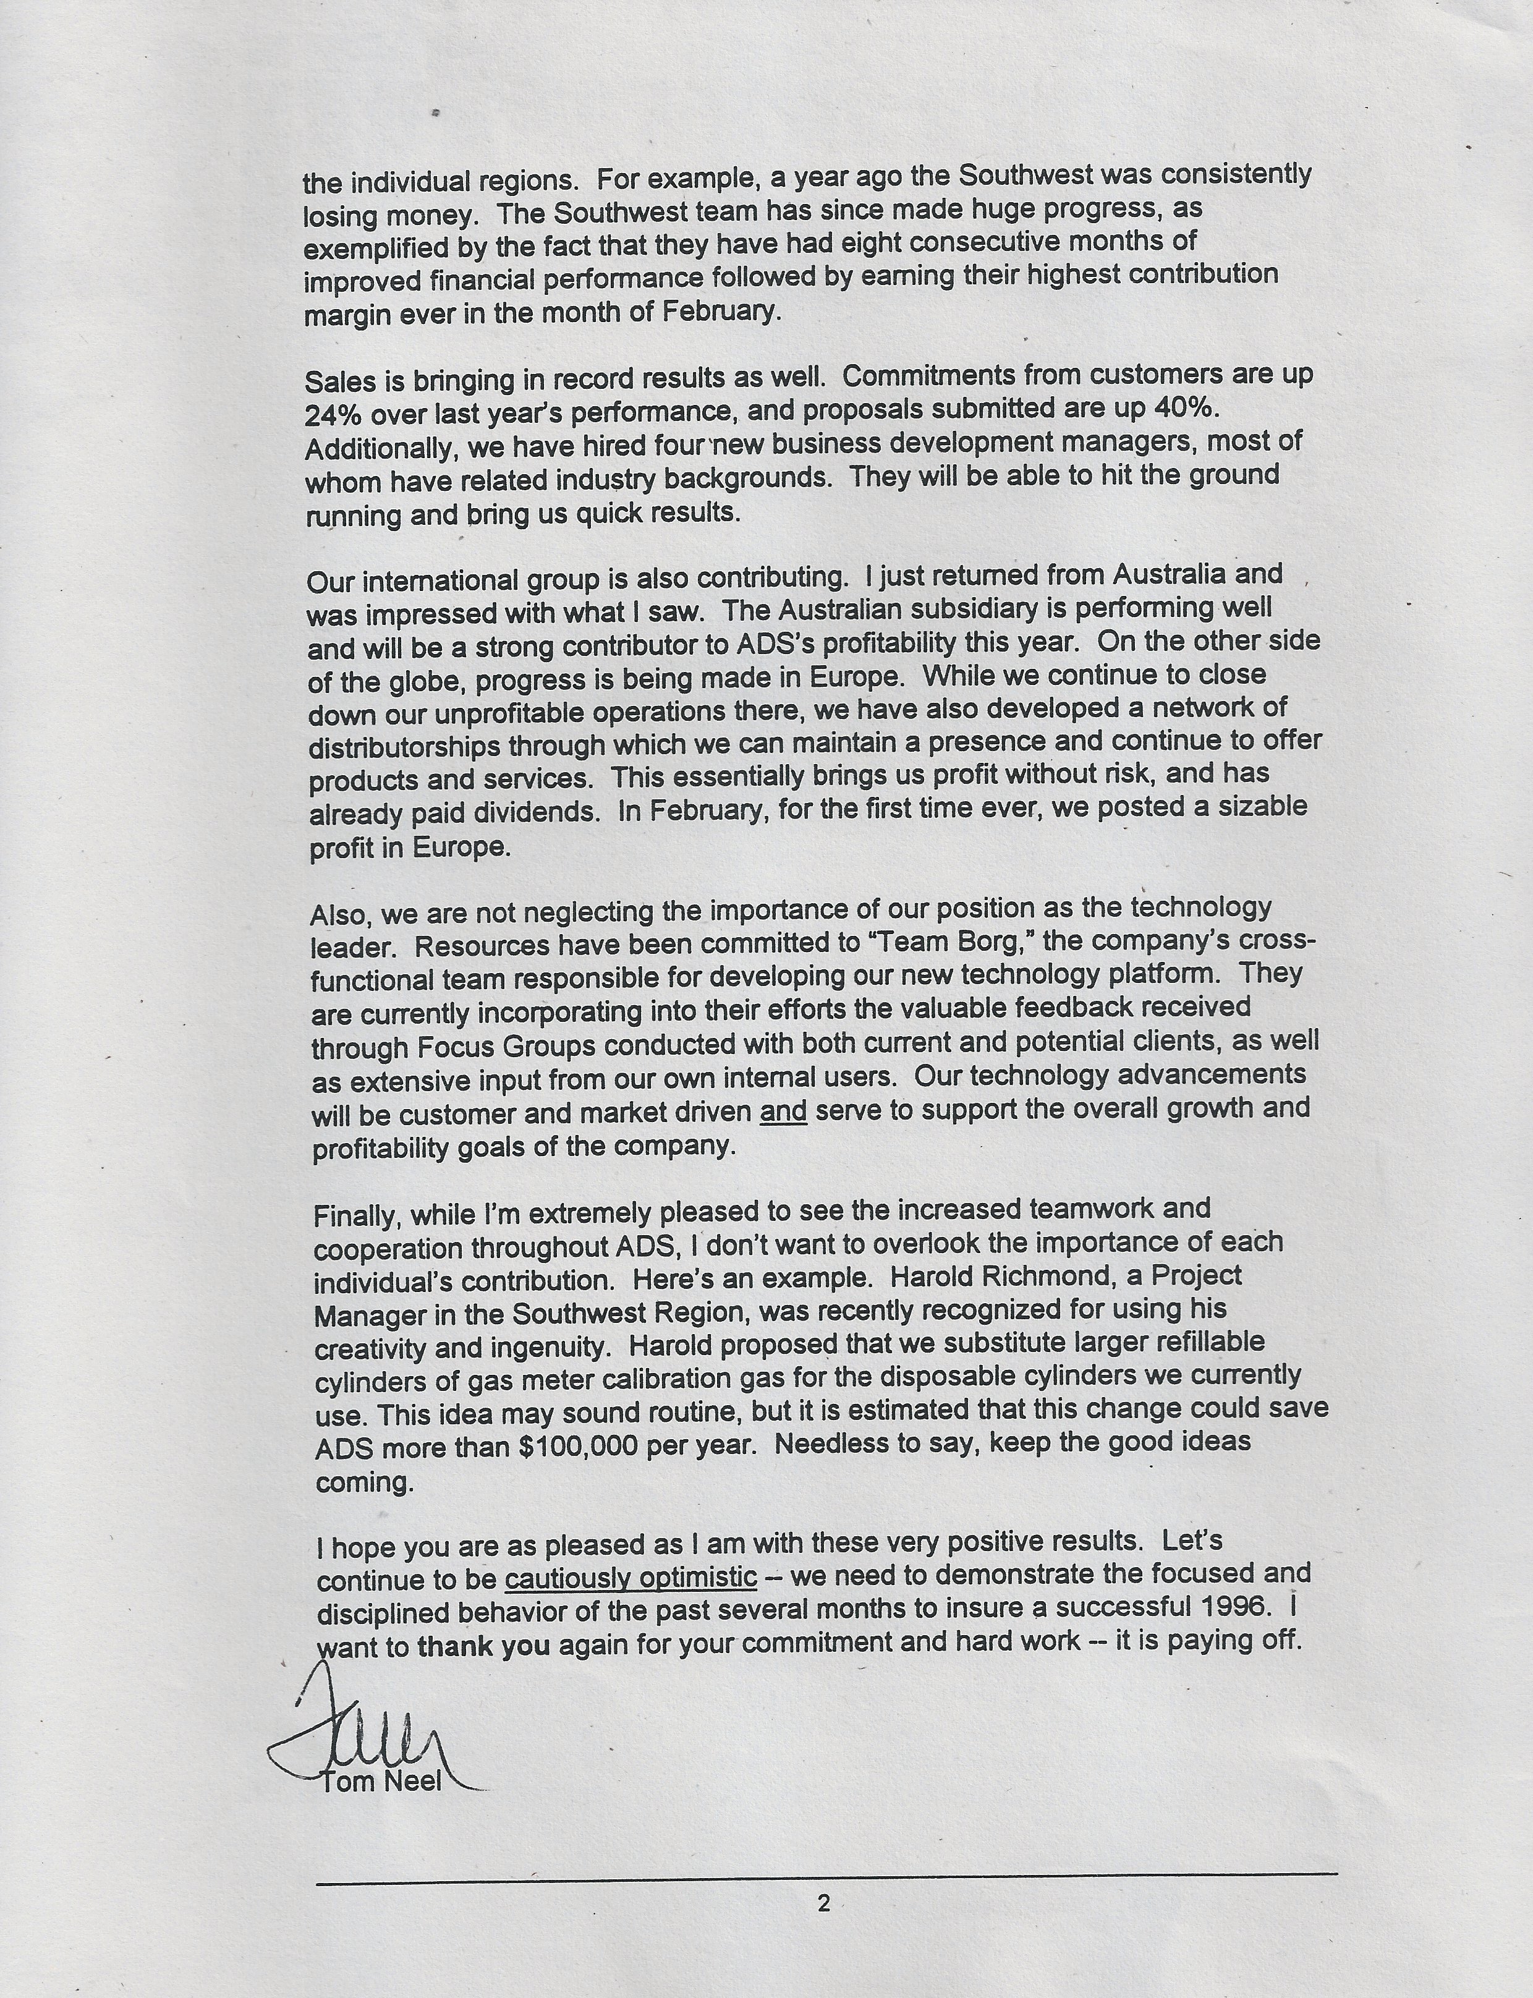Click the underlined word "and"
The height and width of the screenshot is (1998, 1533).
[x=783, y=1112]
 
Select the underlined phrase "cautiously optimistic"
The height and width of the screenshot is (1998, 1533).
[x=631, y=1578]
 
